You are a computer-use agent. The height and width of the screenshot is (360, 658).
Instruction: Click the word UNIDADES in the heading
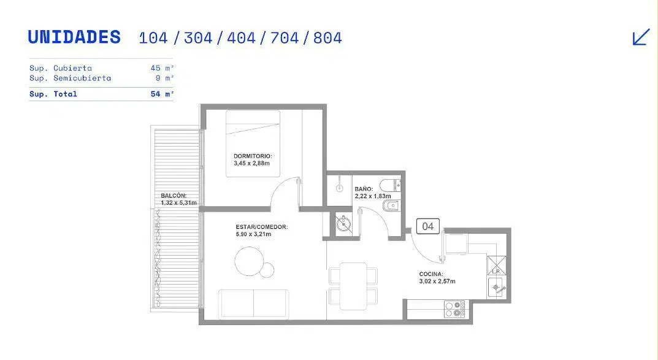pos(74,37)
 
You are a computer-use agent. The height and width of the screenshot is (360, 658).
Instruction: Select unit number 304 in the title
pos(198,38)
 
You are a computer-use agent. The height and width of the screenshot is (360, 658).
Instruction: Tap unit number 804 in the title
pos(327,38)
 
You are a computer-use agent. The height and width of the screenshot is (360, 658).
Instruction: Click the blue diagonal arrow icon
pos(641,37)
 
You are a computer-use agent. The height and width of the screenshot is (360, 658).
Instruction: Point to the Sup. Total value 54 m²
pos(162,94)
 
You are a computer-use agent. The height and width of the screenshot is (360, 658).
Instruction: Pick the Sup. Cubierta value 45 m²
pos(162,68)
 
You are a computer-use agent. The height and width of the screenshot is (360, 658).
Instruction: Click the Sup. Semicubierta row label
pos(70,78)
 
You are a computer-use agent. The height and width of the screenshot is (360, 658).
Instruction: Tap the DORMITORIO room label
pos(253,156)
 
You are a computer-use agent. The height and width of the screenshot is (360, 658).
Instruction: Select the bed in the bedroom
pos(253,144)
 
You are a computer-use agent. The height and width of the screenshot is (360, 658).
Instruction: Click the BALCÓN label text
pos(174,196)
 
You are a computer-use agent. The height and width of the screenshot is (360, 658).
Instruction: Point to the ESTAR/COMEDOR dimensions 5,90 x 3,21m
pos(253,234)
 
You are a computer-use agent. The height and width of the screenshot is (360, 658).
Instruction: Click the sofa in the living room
pos(253,304)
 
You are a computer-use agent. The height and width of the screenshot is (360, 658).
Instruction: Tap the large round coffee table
pos(249,261)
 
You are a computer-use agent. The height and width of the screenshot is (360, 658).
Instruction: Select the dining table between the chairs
pos(353,286)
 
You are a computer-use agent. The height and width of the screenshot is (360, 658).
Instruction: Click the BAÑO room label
pos(364,189)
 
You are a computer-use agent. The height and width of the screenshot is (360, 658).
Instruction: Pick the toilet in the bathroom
pos(390,185)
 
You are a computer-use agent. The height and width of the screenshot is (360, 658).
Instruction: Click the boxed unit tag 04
pos(427,226)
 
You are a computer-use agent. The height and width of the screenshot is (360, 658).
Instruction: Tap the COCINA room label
pos(431,274)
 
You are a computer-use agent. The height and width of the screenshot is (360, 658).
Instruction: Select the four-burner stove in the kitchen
pos(454,309)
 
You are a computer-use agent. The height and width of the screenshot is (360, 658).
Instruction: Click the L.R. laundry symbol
pos(497,266)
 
